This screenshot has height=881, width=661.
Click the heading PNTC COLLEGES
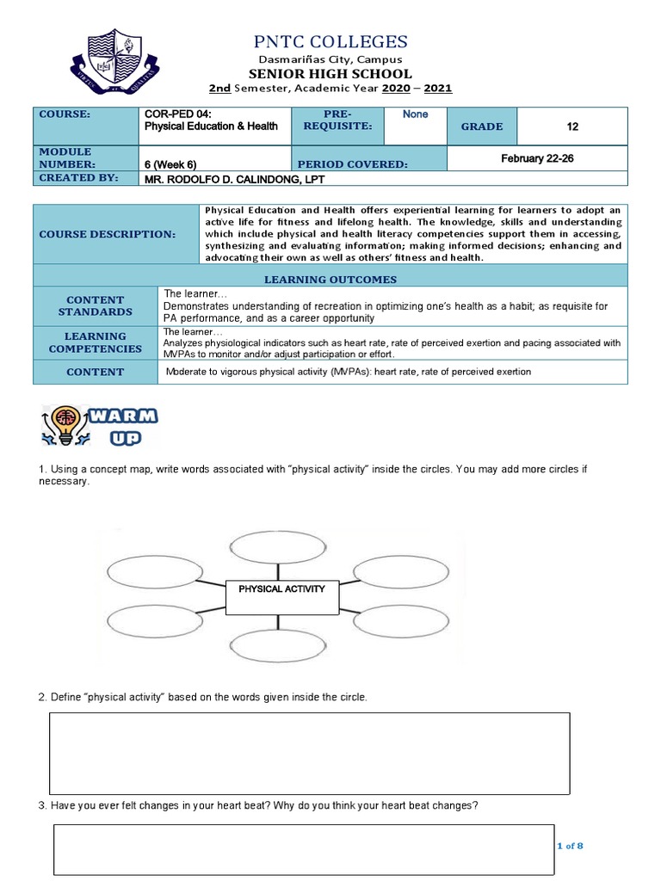pyautogui.click(x=331, y=41)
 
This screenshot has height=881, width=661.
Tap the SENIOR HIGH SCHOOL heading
pyautogui.click(x=331, y=74)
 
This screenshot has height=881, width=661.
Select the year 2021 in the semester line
pyautogui.click(x=436, y=89)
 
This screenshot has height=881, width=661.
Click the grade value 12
pyautogui.click(x=572, y=126)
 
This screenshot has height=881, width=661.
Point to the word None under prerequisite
pyautogui.click(x=415, y=114)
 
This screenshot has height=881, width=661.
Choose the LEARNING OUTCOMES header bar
pyautogui.click(x=330, y=279)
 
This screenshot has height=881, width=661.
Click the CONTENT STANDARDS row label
pyautogui.click(x=95, y=305)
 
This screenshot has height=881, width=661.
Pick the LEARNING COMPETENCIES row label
pyautogui.click(x=95, y=342)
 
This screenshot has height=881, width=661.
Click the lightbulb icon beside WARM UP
pyautogui.click(x=65, y=425)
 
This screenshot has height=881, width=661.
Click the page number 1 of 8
pyautogui.click(x=571, y=846)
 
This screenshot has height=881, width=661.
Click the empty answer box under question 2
pyautogui.click(x=310, y=753)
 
